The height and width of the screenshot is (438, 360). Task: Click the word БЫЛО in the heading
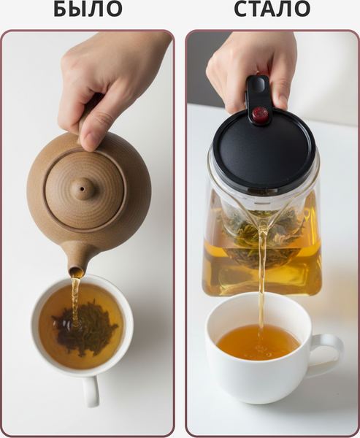[x=88, y=9]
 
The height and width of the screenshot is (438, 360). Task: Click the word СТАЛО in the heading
[x=272, y=9]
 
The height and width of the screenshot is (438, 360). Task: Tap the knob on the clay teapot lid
[x=83, y=189]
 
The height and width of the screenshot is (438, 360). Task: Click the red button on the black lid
[x=260, y=115]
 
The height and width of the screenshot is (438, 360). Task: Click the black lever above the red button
[x=258, y=91]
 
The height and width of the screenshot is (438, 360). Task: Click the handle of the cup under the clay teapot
[x=91, y=391]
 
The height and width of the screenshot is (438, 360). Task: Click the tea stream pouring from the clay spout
[x=75, y=301]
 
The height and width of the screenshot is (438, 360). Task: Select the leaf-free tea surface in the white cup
[x=258, y=342]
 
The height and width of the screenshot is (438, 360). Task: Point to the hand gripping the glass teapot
[x=249, y=67]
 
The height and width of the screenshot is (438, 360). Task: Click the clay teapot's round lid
[x=85, y=190]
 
